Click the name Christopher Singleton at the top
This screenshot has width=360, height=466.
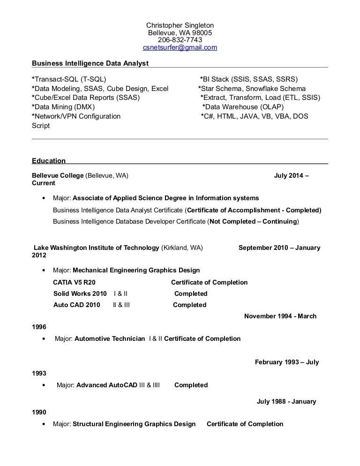pyautogui.click(x=180, y=25)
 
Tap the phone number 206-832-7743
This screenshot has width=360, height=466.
pyautogui.click(x=180, y=40)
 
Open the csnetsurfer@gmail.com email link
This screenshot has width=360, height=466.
pyautogui.click(x=180, y=48)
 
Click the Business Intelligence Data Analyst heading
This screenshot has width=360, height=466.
pyautogui.click(x=90, y=63)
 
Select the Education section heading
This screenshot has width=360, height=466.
pyautogui.click(x=49, y=161)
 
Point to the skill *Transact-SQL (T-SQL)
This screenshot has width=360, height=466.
pyautogui.click(x=69, y=79)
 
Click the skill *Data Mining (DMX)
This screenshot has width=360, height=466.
pyautogui.click(x=63, y=107)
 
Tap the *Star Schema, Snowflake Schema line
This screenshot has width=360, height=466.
pyautogui.click(x=252, y=88)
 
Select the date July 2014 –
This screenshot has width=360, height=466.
pyautogui.click(x=291, y=175)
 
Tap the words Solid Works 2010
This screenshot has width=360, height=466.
pyautogui.click(x=80, y=293)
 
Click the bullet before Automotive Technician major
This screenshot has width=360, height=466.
pyautogui.click(x=44, y=339)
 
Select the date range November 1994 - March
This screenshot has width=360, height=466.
pyautogui.click(x=280, y=316)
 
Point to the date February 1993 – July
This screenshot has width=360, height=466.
pyautogui.click(x=287, y=362)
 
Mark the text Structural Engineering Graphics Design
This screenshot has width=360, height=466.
pyautogui.click(x=134, y=424)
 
